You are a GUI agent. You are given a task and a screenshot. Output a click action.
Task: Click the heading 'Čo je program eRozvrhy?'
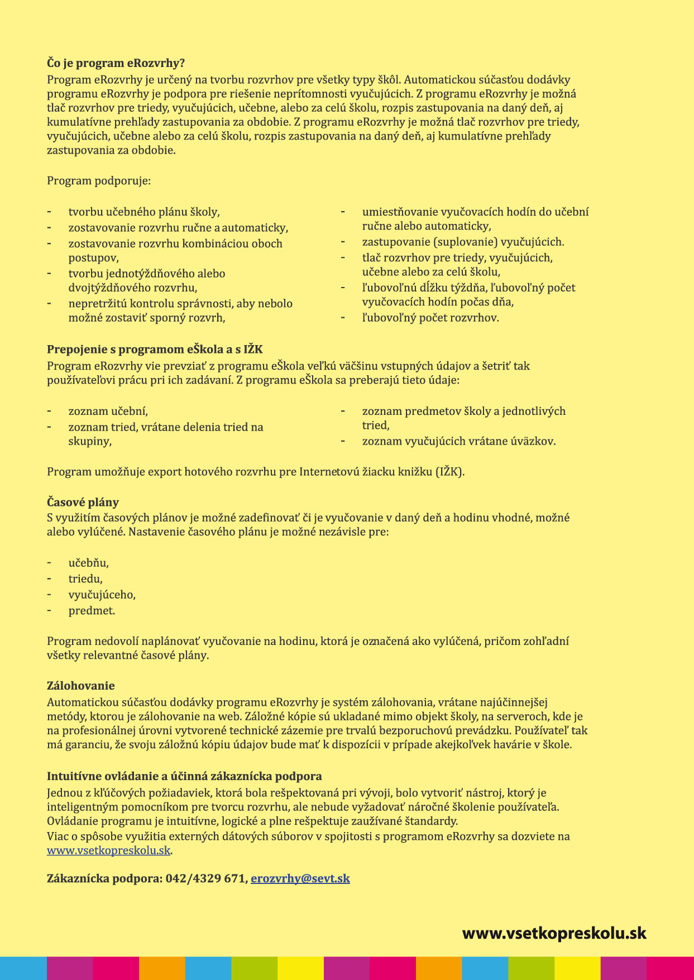116,63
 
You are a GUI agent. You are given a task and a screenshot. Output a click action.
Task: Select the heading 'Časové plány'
83,502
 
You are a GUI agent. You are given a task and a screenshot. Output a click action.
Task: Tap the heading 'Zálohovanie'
81,686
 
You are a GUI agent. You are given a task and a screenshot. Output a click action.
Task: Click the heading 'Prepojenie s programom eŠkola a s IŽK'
155,350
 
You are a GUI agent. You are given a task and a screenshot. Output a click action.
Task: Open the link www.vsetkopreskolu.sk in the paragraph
108,850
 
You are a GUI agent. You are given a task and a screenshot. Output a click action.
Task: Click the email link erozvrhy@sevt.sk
300,878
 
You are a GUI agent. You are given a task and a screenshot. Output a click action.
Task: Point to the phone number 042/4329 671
205,878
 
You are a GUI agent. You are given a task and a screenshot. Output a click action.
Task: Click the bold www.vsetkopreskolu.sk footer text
554,933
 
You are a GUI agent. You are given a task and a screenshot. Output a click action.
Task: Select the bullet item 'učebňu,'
89,563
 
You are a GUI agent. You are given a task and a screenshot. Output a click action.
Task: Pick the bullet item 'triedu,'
85,579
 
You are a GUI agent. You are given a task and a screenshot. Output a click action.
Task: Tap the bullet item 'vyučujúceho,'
102,595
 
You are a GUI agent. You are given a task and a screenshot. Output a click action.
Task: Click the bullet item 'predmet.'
92,611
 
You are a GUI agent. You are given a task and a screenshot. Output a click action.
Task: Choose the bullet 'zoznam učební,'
108,412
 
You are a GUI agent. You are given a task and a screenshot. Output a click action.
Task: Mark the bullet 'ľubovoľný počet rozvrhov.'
430,318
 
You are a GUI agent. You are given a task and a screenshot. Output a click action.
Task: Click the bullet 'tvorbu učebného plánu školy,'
144,212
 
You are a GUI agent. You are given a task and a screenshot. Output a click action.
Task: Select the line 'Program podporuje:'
99,181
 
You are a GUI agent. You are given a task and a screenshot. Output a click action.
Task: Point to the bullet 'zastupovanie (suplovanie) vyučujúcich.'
463,242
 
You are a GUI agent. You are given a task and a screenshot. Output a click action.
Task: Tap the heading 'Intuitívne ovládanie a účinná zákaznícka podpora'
184,776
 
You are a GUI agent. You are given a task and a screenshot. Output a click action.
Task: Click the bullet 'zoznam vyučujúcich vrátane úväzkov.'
459,441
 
